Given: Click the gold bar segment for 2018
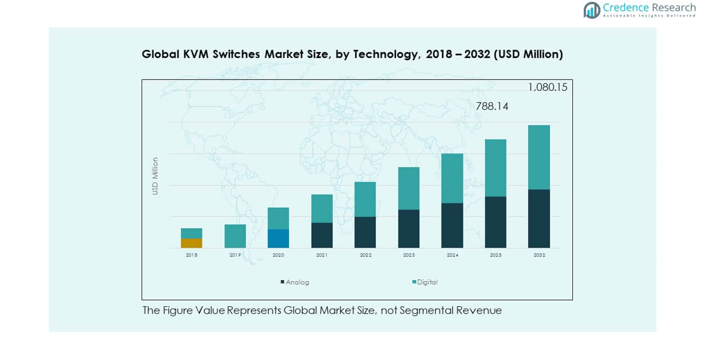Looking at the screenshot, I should [191, 243].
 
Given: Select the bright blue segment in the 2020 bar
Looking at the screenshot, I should [278, 238].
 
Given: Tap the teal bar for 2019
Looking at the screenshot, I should [235, 236].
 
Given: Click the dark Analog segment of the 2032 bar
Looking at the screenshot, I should [539, 219].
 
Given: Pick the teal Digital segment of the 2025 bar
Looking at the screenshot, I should [495, 168].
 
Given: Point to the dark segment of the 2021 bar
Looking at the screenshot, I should [322, 235].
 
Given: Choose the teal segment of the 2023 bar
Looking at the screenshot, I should [409, 188].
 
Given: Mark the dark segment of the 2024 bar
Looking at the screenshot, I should [452, 225].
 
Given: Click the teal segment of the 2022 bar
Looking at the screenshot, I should [365, 199].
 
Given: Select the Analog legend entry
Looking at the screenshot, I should [297, 282].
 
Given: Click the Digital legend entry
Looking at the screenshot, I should [426, 282].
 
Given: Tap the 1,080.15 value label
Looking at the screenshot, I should [547, 87].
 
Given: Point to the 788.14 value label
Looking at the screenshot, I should [492, 106].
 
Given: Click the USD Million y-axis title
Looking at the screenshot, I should [155, 176].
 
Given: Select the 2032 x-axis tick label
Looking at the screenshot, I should [539, 255].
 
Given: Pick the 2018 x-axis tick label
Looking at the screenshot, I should [191, 255].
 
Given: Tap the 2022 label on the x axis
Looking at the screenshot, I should [366, 255].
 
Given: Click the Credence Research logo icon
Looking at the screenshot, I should [592, 10].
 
